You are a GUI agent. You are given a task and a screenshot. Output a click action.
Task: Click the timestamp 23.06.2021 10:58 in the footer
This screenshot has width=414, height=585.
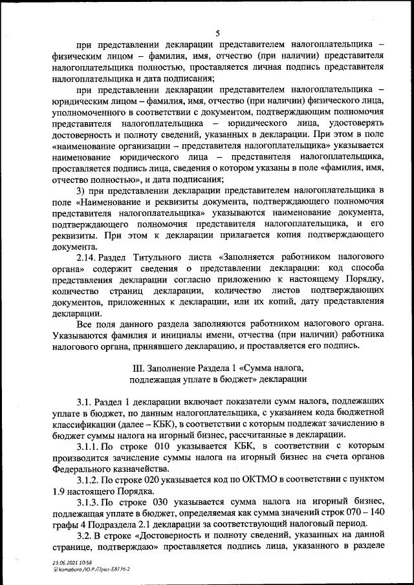[x=72, y=563]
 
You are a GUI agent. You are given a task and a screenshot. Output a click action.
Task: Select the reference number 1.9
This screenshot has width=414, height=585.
[x=59, y=491]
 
